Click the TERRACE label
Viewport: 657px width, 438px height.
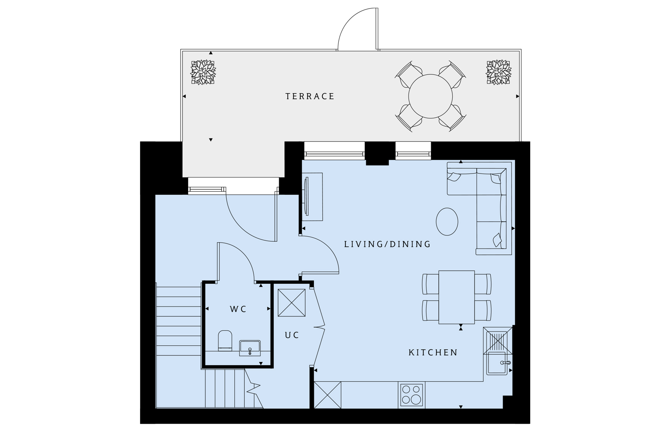[309, 96]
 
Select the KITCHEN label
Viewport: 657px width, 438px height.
[433, 352]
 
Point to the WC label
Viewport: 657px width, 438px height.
[238, 309]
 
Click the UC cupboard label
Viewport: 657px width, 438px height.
[292, 335]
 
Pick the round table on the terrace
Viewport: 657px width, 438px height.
[430, 96]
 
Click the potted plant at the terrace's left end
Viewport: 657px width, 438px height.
[203, 72]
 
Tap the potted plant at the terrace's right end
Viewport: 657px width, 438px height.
[498, 72]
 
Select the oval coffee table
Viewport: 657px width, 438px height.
[447, 222]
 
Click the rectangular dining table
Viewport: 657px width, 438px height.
[457, 297]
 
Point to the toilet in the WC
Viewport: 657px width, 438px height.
[225, 340]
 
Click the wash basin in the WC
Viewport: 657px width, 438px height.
[250, 348]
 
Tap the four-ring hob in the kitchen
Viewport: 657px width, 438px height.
[411, 395]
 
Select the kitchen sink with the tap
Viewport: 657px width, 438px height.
[497, 363]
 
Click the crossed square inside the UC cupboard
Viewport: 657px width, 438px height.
[292, 302]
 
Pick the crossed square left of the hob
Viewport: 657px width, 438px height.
[327, 395]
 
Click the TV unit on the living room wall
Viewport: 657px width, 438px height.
[313, 197]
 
